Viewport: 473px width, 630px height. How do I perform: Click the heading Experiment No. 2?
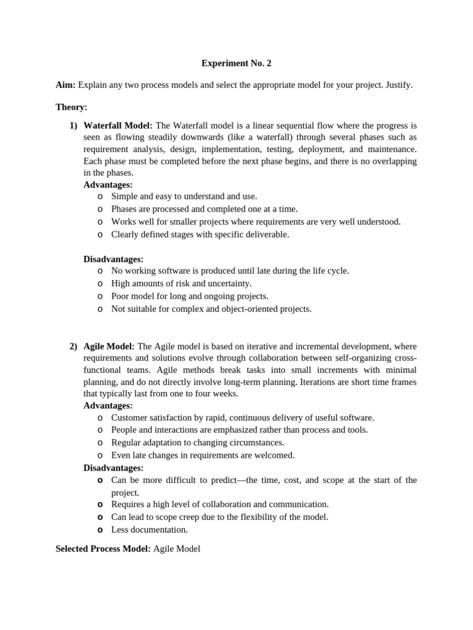click(x=236, y=63)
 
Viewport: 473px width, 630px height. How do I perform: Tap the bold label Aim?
click(x=65, y=85)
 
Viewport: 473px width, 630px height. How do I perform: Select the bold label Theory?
click(x=71, y=107)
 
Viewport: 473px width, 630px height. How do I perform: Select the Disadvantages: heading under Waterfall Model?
click(x=113, y=259)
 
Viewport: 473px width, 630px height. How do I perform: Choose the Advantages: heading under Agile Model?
click(x=108, y=405)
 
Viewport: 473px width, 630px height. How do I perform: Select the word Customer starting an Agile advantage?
click(x=131, y=418)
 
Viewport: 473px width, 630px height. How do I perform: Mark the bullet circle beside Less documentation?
click(x=100, y=530)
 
